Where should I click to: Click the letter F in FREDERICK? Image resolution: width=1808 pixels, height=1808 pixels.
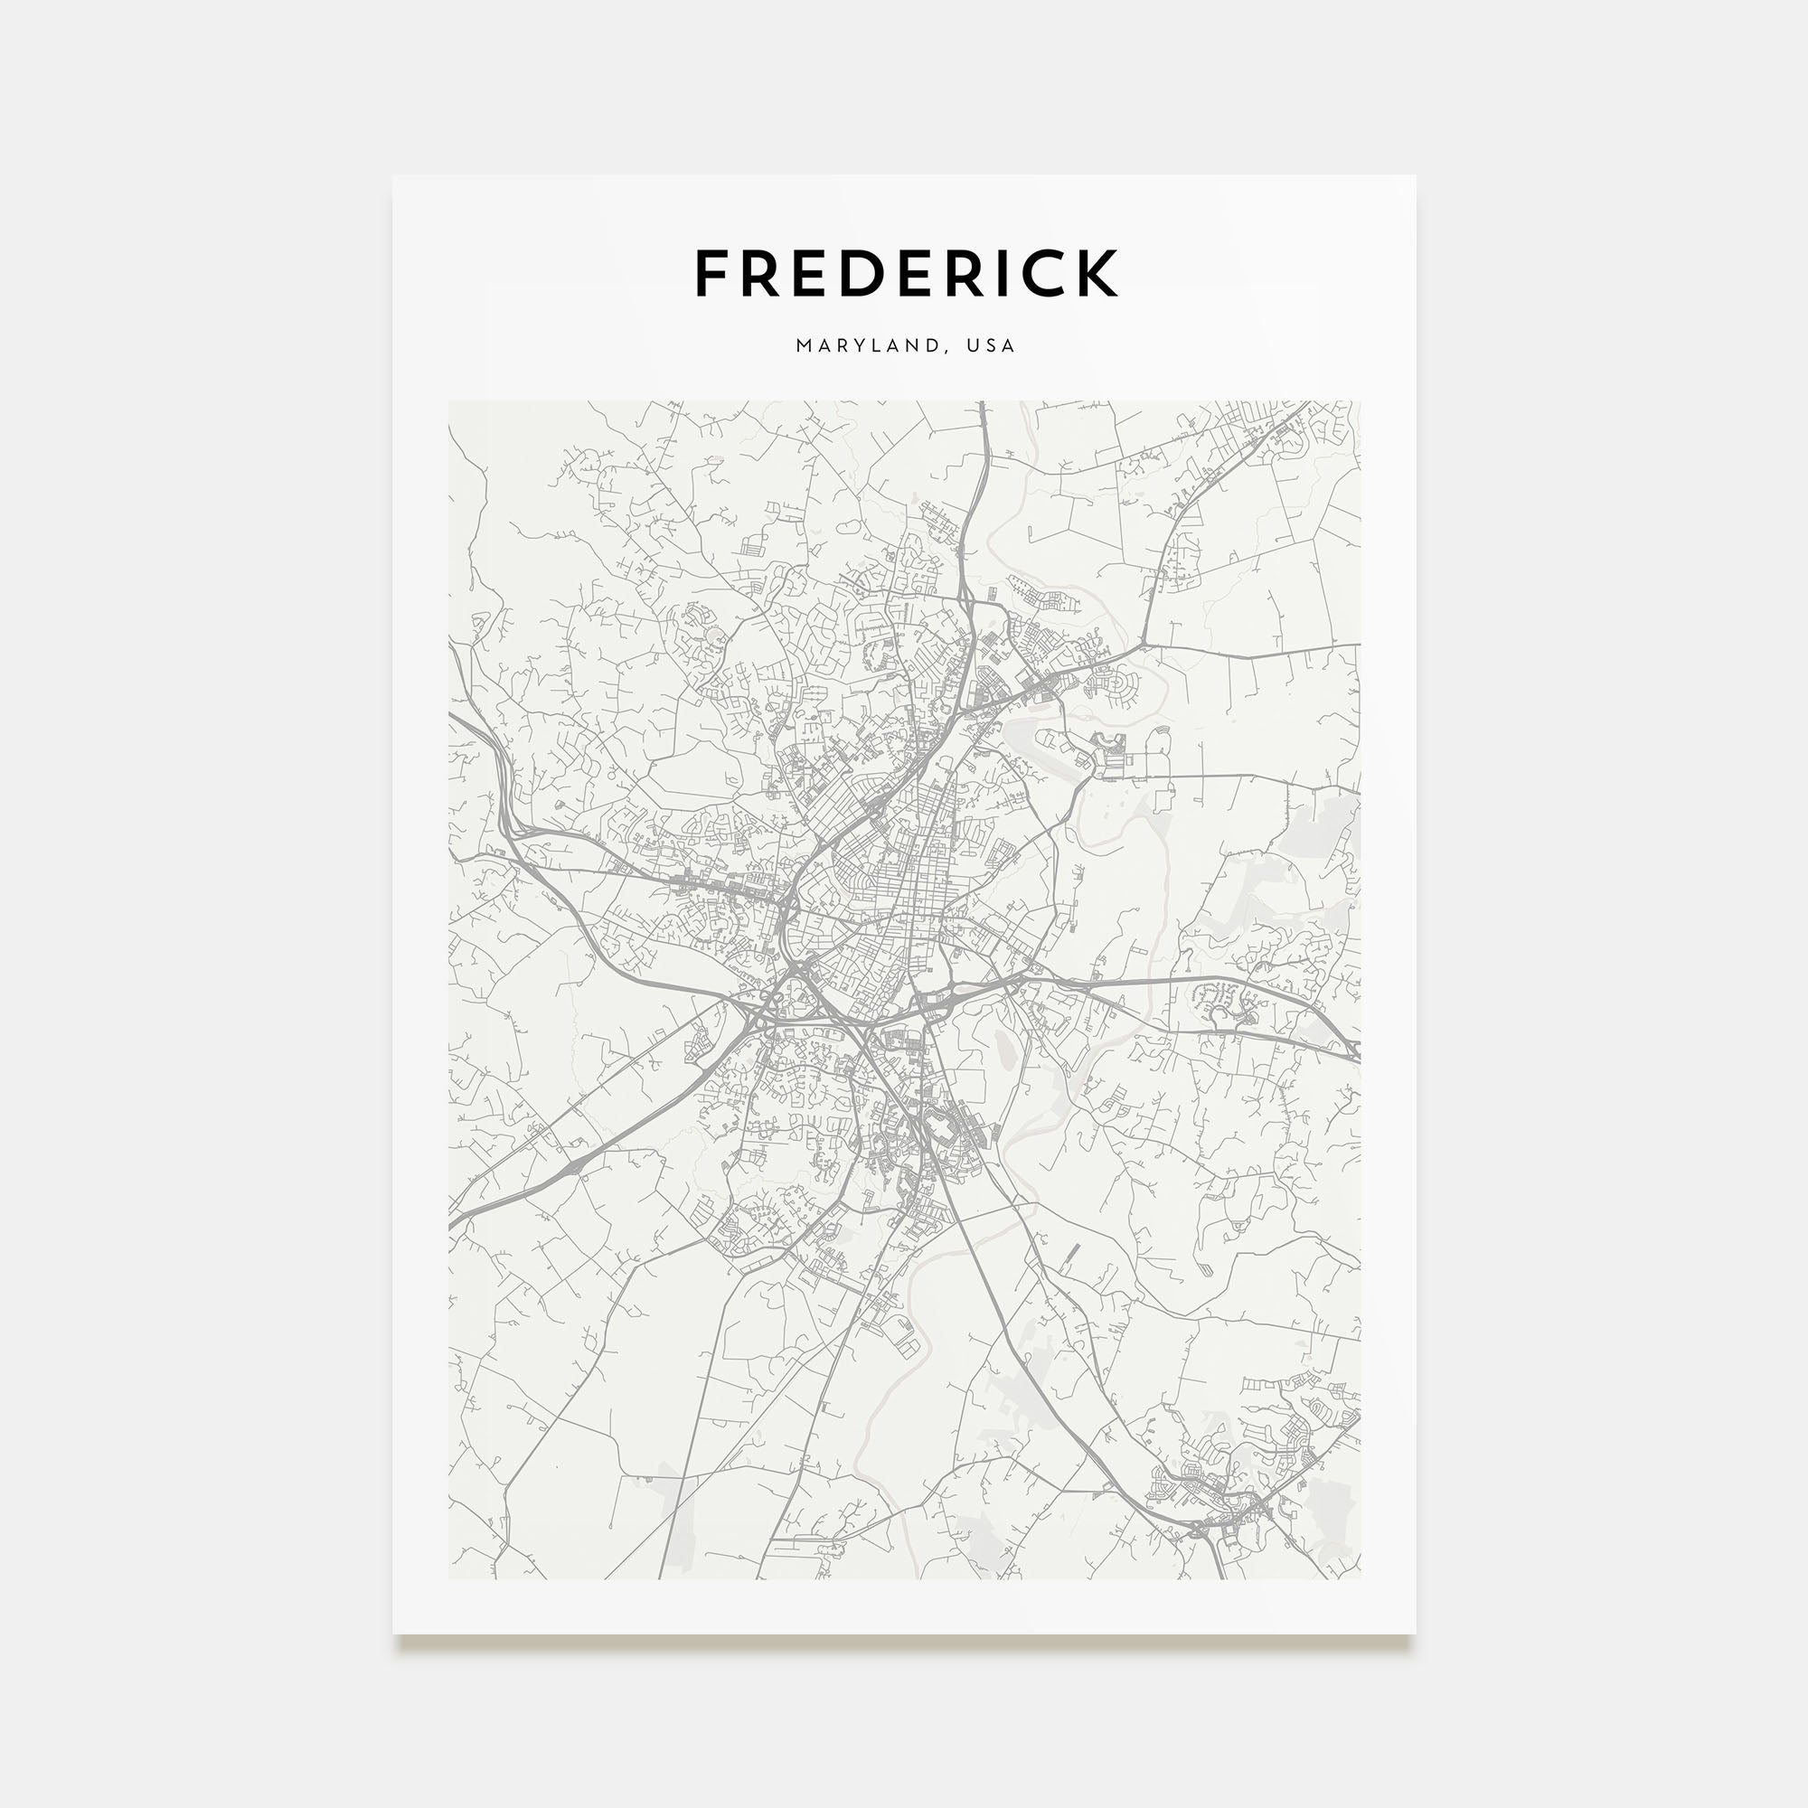coord(713,273)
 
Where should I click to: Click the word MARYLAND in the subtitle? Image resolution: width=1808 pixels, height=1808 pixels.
coord(867,345)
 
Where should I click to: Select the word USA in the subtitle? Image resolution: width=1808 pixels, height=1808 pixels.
coord(991,345)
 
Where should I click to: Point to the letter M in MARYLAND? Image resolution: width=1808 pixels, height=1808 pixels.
coord(804,345)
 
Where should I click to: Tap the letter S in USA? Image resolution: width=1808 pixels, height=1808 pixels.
coord(991,345)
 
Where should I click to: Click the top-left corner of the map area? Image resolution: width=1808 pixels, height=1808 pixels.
coord(449,401)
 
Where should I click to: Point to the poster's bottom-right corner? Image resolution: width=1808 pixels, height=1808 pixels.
coord(1415,1633)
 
